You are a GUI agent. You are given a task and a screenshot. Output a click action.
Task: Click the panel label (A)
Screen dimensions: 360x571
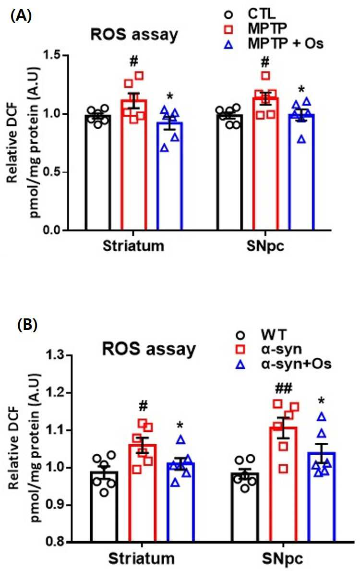pos(22,16)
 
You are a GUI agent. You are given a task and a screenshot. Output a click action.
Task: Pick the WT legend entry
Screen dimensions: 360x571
pos(262,334)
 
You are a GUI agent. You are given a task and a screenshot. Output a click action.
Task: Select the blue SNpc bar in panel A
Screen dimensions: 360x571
pos(300,172)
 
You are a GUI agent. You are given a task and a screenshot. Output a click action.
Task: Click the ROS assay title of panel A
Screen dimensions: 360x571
pos(134,35)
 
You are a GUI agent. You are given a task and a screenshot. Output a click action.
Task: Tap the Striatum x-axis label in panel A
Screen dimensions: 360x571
pos(133,246)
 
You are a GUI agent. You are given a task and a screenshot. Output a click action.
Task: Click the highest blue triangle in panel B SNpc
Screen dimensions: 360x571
pos(321,416)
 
